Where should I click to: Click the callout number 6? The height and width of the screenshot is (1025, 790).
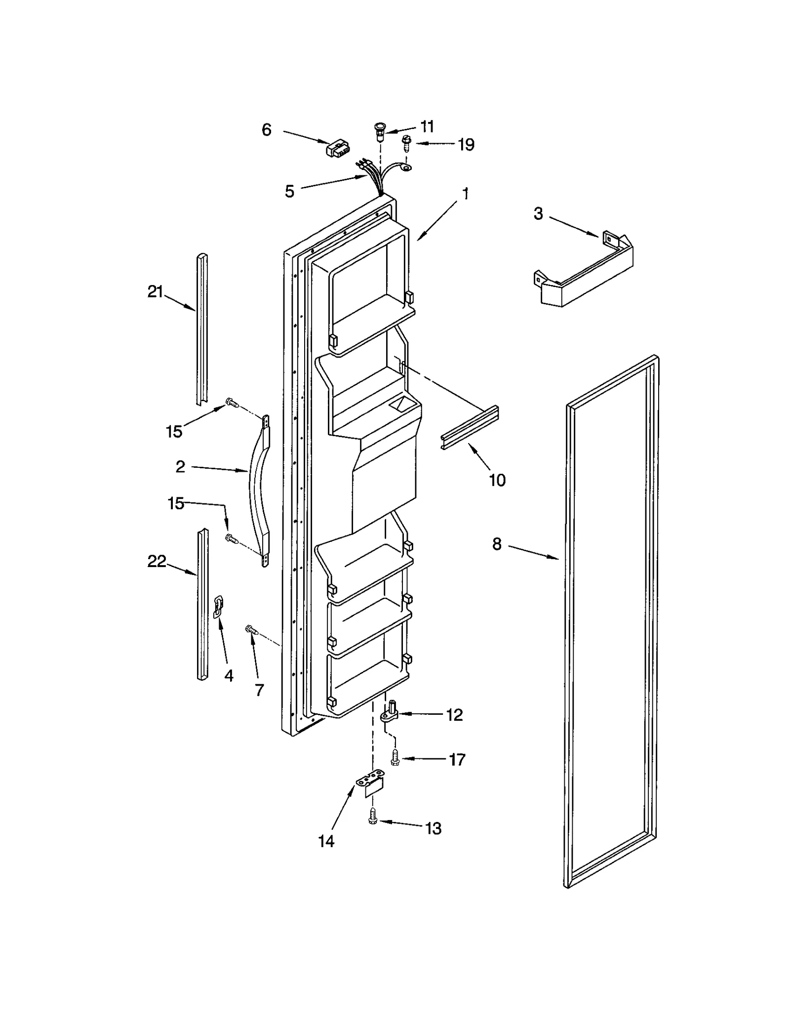tap(266, 130)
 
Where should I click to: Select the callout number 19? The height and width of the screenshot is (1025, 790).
tap(466, 144)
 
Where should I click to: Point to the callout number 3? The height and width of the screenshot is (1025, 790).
tap(538, 214)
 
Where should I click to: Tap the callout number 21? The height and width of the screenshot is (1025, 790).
tap(155, 292)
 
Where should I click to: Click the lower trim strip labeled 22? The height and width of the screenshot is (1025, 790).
tap(202, 603)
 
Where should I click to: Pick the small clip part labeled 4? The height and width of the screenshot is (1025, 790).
tap(218, 607)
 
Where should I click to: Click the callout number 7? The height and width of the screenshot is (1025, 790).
tap(259, 690)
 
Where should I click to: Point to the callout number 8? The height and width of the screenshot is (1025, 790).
tap(497, 544)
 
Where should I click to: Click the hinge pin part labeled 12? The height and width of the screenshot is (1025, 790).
tap(392, 712)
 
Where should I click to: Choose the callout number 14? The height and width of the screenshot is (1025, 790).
tap(326, 841)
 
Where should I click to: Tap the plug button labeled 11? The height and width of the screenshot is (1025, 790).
tap(379, 131)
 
